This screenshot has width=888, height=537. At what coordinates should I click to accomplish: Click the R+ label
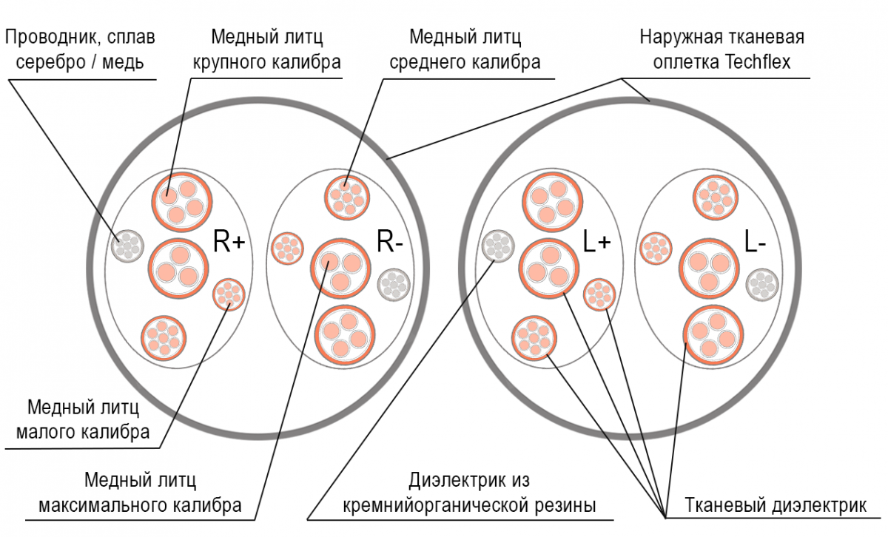229,242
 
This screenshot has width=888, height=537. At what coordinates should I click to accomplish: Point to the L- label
755,242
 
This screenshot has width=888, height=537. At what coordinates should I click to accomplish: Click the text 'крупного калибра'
266,62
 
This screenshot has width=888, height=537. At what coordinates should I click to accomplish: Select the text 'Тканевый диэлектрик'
776,506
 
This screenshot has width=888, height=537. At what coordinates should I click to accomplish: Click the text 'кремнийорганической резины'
470,506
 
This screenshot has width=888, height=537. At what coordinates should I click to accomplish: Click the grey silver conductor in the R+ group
127,245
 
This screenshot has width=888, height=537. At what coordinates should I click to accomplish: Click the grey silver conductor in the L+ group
497,246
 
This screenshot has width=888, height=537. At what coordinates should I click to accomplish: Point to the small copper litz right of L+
599,294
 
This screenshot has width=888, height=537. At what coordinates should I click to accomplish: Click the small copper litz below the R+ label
229,295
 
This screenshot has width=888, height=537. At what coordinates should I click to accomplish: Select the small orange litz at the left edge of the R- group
286,248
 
